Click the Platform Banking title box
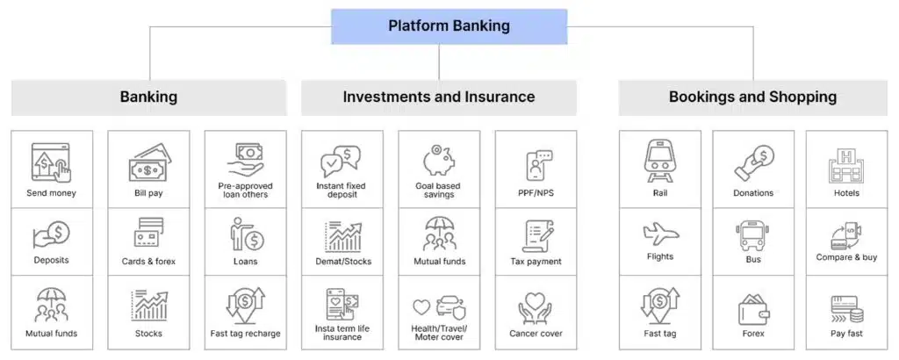pyautogui.click(x=449, y=26)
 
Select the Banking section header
pyautogui.click(x=148, y=97)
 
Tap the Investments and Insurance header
pyautogui.click(x=438, y=97)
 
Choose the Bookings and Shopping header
pyautogui.click(x=752, y=97)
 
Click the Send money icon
pyautogui.click(x=51, y=162)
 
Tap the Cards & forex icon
pyautogui.click(x=147, y=234)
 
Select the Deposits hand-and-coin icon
pyautogui.click(x=51, y=233)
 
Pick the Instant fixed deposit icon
pyautogui.click(x=341, y=162)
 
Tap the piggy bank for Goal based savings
pyautogui.click(x=438, y=161)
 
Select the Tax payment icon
pyautogui.click(x=536, y=235)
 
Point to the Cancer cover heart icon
pyautogui.click(x=536, y=306)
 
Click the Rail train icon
pyautogui.click(x=659, y=161)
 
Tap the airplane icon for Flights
pyautogui.click(x=659, y=234)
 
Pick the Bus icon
pyautogui.click(x=752, y=234)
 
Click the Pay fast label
pyautogui.click(x=846, y=334)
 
